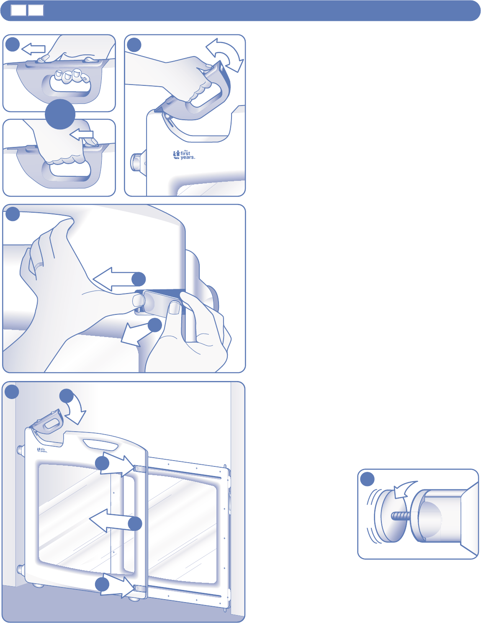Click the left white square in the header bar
coord(18,10)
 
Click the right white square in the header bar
coord(36,10)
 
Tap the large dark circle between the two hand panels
coord(60,114)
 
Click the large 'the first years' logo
coord(184,155)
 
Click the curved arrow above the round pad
coord(404,489)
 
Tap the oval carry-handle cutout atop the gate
coord(100,445)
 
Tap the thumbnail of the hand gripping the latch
coord(175,309)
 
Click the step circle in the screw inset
coord(367,479)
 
